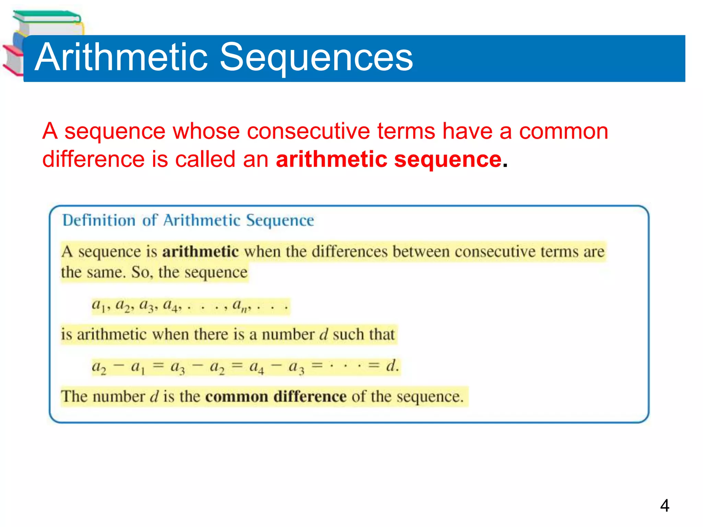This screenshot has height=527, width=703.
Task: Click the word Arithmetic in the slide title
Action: tap(122, 57)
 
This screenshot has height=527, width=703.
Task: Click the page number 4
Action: tap(665, 505)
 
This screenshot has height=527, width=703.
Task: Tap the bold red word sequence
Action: tap(448, 160)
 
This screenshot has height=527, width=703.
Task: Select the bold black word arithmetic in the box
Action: tap(200, 252)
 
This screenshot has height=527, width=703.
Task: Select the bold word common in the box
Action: tap(237, 397)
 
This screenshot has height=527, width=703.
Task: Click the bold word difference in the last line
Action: tap(310, 397)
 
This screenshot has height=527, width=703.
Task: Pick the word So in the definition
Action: tap(141, 272)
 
